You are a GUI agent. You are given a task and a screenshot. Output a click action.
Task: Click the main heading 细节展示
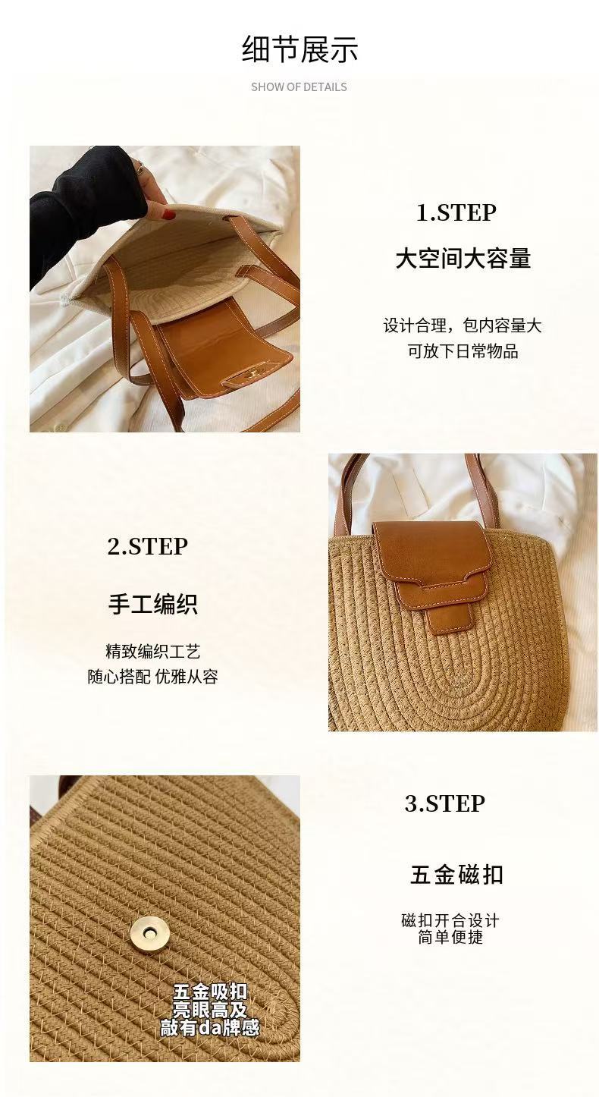(x=299, y=49)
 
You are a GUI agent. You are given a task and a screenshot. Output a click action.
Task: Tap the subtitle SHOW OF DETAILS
(x=299, y=87)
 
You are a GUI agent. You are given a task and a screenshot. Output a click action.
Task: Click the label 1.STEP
(x=456, y=212)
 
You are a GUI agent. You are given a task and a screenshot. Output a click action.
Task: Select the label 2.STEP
(x=148, y=546)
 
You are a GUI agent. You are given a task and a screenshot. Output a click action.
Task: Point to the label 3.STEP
(x=445, y=803)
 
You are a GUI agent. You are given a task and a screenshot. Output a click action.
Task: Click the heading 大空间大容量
(x=463, y=258)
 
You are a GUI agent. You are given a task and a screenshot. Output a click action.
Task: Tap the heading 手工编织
(x=152, y=604)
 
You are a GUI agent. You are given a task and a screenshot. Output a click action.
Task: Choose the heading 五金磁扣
(x=456, y=875)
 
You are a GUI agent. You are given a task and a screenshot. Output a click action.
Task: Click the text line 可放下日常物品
(x=463, y=351)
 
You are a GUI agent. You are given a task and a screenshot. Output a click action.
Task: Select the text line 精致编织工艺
(x=152, y=652)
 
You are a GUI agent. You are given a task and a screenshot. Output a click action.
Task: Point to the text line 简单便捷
(x=450, y=937)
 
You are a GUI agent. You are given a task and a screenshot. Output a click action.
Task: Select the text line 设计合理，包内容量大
(x=463, y=325)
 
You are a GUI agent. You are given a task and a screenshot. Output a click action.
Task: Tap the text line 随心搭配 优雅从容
(x=152, y=677)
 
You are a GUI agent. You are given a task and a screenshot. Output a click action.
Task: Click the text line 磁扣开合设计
(x=450, y=920)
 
